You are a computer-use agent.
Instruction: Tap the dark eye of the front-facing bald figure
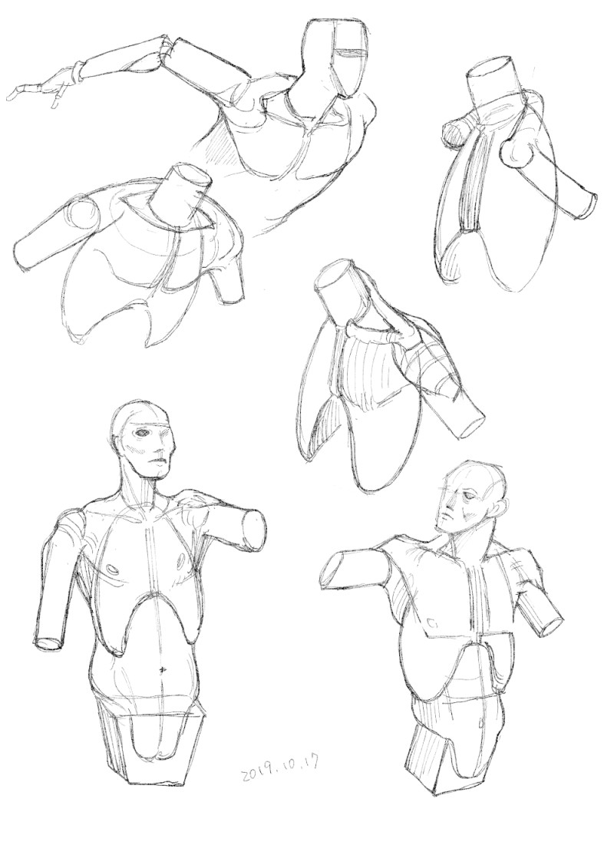pyautogui.click(x=145, y=432)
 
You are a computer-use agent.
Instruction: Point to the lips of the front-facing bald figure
pyautogui.click(x=158, y=460)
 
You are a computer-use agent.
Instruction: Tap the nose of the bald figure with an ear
pyautogui.click(x=444, y=517)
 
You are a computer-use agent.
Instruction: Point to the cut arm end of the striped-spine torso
pyautogui.click(x=587, y=206)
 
